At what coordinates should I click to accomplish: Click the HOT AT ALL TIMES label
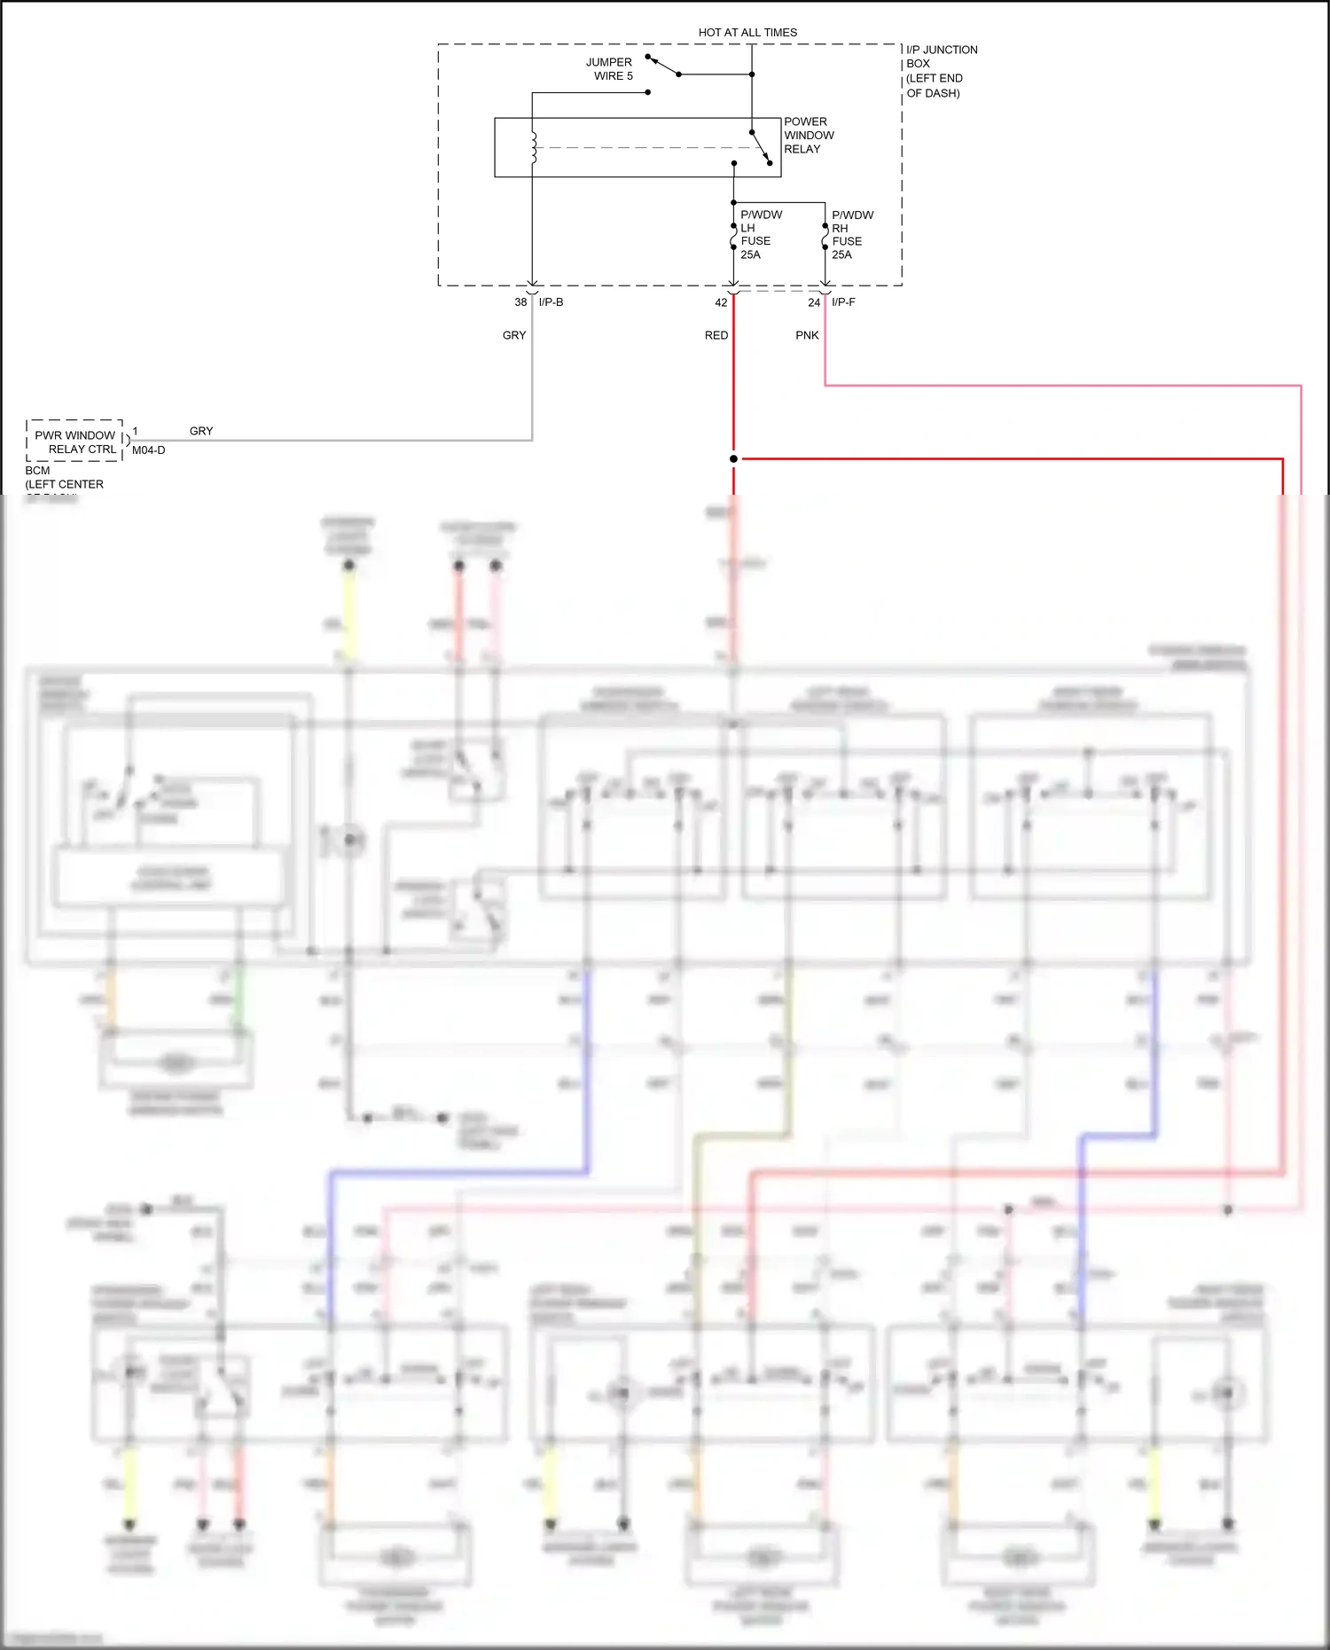point(747,33)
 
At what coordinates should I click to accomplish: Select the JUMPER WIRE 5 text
point(610,69)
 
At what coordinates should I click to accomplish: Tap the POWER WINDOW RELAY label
point(808,136)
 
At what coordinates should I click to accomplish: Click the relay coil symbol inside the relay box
point(534,148)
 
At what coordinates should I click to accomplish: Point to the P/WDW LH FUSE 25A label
point(758,235)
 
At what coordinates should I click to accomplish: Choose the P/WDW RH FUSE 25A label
point(851,235)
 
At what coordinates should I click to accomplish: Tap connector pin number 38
point(520,302)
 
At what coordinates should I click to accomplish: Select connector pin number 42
point(721,302)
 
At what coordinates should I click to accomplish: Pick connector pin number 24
point(814,302)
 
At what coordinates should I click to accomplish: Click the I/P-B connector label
point(551,302)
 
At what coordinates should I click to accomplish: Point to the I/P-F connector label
point(843,302)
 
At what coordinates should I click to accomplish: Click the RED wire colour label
point(716,335)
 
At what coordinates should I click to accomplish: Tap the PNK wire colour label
point(807,335)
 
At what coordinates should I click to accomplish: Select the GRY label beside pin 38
point(514,335)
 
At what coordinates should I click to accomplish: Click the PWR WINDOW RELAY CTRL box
point(74,442)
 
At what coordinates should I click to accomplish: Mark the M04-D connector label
point(148,450)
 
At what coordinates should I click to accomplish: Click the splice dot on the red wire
point(733,458)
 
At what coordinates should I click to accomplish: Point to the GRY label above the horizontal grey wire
point(201,431)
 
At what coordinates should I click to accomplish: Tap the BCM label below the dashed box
point(38,471)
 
